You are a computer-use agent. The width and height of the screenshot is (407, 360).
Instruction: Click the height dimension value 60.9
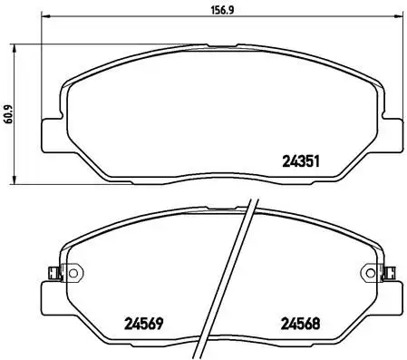pyautogui.click(x=9, y=112)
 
